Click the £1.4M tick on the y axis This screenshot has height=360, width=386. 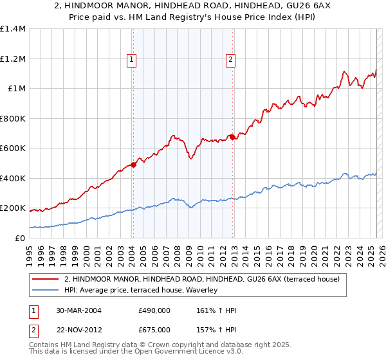pyautogui.click(x=13, y=29)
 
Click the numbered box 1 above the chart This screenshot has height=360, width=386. pyautogui.click(x=131, y=60)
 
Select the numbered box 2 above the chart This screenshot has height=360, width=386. pyautogui.click(x=230, y=60)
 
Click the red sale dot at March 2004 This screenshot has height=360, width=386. pyautogui.click(x=133, y=165)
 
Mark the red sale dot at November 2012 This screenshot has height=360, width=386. pyautogui.click(x=232, y=137)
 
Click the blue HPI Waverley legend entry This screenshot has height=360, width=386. pyautogui.click(x=141, y=291)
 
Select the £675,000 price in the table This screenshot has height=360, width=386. pyautogui.click(x=154, y=330)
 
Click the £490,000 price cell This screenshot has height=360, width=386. pyautogui.click(x=154, y=310)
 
